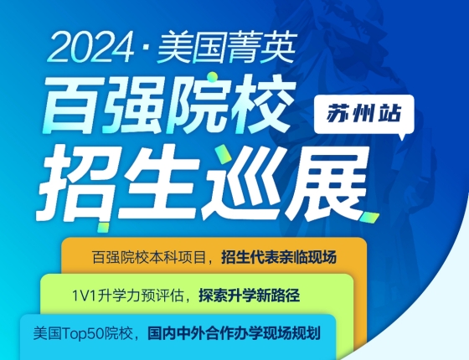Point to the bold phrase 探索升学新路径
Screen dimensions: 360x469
click(x=250, y=296)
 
